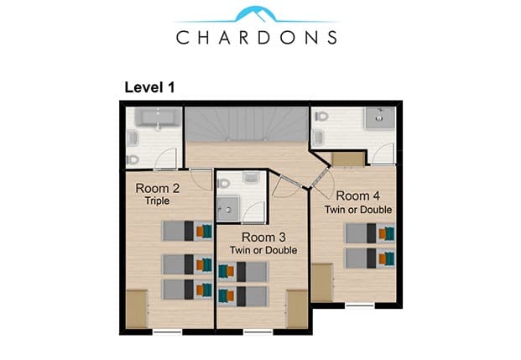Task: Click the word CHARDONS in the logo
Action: point(257,37)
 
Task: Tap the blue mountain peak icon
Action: point(256,14)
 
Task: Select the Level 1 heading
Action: point(149,87)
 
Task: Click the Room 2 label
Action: point(158,189)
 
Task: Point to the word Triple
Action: point(157,201)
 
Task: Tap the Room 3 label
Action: point(263,237)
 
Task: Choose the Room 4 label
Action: point(358,196)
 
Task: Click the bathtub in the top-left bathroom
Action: point(159,117)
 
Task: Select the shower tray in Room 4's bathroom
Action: point(380,117)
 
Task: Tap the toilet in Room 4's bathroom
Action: point(321,117)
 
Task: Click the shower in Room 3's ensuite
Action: point(228,208)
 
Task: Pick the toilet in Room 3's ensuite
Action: point(224,183)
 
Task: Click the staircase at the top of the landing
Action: point(247,124)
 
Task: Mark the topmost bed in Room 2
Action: point(187,231)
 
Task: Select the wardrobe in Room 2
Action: point(137,309)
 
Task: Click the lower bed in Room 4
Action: point(371,258)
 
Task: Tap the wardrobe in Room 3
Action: point(297,309)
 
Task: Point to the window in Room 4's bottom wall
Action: point(360,305)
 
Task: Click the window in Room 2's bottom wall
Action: point(168,331)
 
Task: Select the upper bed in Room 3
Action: point(243,272)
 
